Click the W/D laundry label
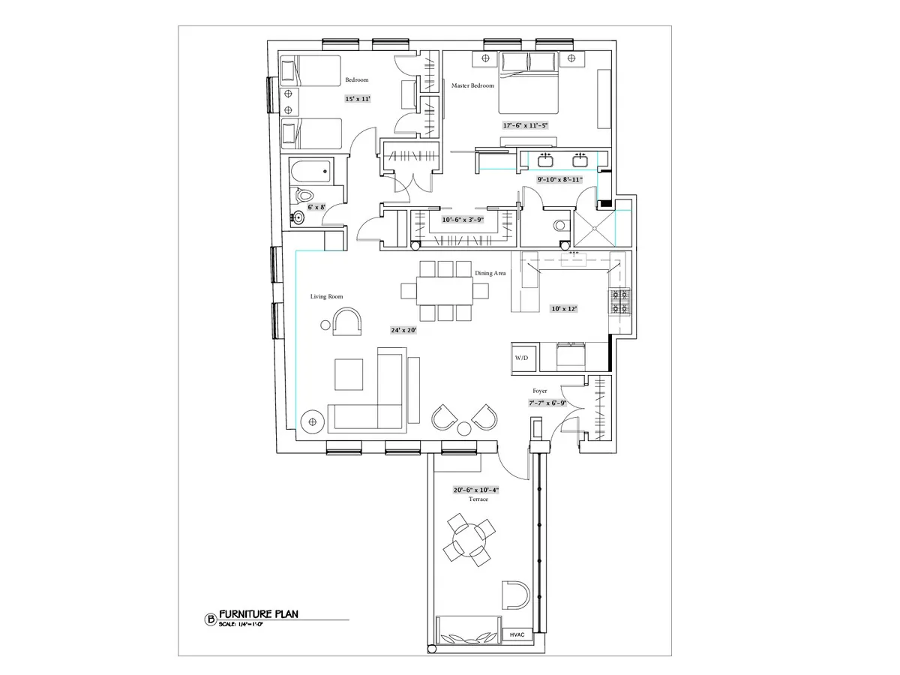coord(521,358)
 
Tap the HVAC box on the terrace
coord(517,634)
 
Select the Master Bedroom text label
coord(472,85)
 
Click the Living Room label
coord(326,297)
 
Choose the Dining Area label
coord(490,273)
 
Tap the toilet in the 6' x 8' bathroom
coord(304,196)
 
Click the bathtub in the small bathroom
coord(310,172)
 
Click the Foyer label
coord(539,391)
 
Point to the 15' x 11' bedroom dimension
coord(358,99)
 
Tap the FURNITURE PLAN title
coord(258,614)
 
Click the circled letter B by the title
coord(209,619)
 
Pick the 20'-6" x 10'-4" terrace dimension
coord(475,490)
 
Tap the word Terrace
coord(478,499)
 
